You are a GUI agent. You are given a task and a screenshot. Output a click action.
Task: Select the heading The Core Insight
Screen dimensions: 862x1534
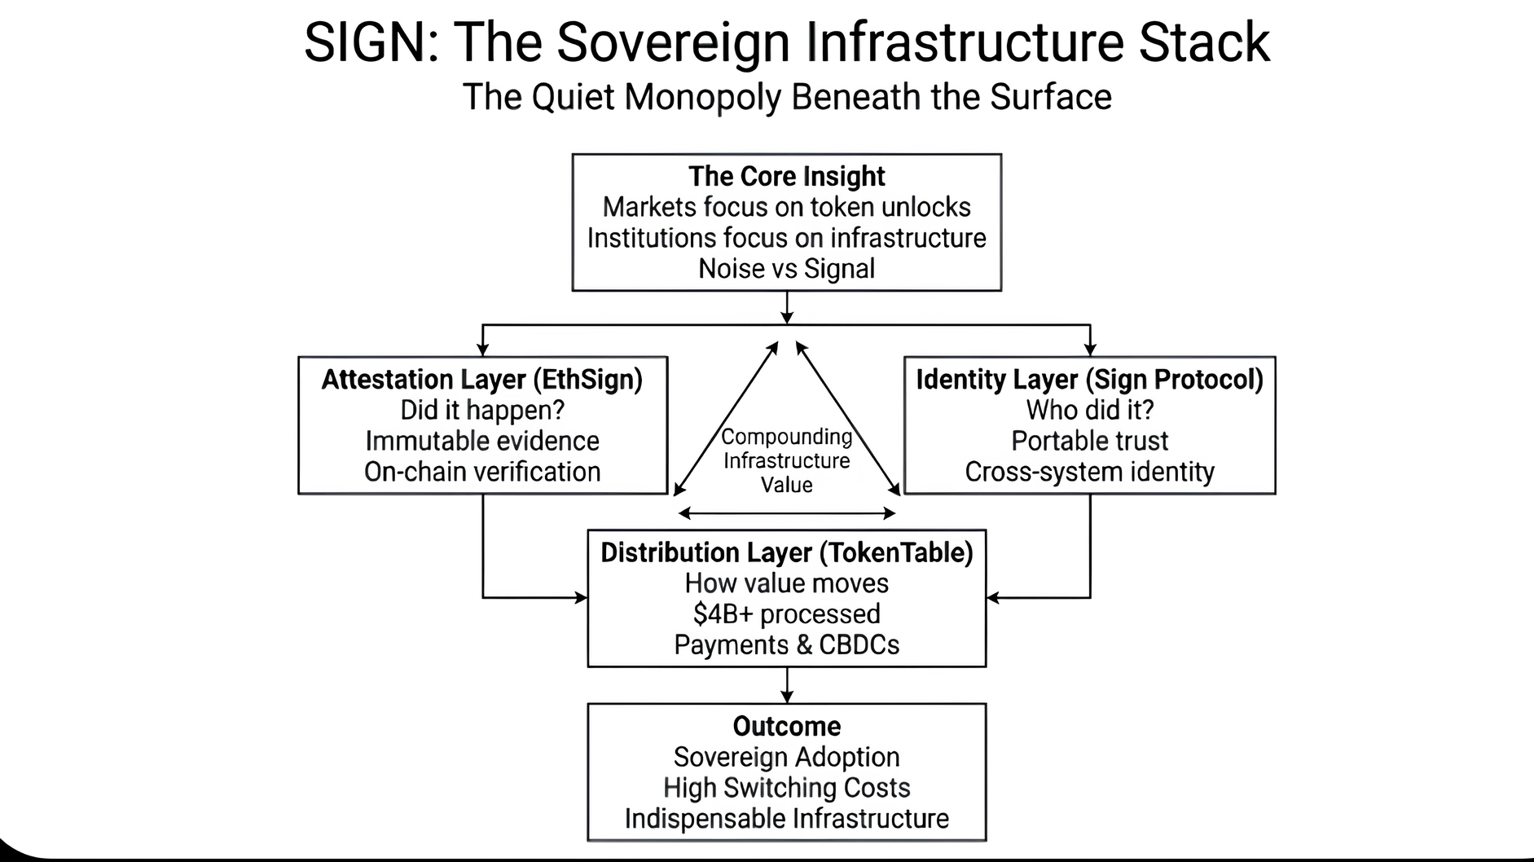click(x=786, y=177)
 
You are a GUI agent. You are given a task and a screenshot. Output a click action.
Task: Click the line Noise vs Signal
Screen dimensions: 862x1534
click(x=786, y=269)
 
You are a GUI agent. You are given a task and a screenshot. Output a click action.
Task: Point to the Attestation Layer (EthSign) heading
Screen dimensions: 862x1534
click(x=482, y=380)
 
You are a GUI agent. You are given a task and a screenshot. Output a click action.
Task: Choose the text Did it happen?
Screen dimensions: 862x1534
click(x=482, y=410)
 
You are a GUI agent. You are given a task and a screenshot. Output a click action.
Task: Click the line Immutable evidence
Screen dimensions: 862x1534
click(x=482, y=441)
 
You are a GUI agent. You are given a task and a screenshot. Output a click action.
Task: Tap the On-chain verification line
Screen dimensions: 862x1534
click(x=482, y=472)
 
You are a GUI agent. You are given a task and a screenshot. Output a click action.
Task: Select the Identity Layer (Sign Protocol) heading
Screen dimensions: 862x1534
click(x=1089, y=380)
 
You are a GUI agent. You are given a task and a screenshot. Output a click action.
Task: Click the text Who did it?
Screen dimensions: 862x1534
click(x=1089, y=410)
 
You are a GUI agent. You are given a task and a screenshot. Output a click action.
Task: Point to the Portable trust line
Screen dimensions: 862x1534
click(x=1089, y=441)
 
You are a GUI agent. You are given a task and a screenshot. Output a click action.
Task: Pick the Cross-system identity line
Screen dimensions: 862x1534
click(x=1089, y=472)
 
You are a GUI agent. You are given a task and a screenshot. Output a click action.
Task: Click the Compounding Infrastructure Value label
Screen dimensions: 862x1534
click(x=786, y=461)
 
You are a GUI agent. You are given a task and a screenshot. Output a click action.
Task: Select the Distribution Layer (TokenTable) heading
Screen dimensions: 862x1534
click(x=786, y=553)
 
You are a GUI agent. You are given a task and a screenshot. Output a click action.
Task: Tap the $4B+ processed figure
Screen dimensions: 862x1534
click(x=786, y=614)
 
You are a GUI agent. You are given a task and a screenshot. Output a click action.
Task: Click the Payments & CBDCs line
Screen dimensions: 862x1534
click(x=786, y=645)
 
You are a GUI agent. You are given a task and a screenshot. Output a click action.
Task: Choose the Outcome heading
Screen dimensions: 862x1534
click(x=786, y=727)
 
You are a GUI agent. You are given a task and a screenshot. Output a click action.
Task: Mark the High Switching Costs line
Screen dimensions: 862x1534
click(x=786, y=788)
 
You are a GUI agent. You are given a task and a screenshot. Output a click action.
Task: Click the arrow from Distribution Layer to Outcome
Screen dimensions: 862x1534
click(x=786, y=685)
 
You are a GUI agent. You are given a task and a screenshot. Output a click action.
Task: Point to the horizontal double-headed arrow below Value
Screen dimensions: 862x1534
click(x=786, y=513)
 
